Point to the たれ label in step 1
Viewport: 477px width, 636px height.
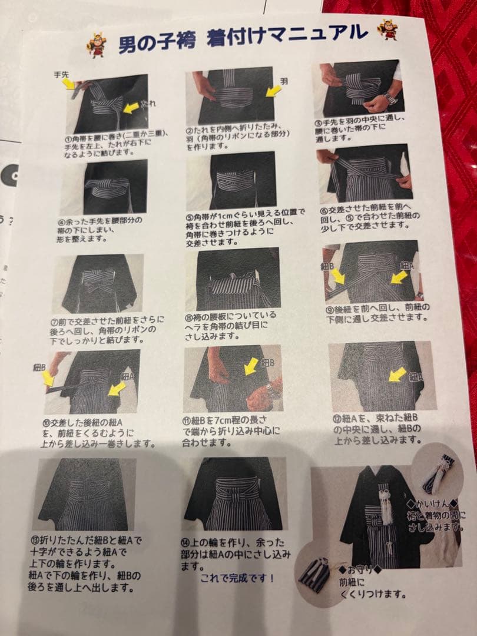149,104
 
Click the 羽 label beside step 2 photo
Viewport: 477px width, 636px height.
283,80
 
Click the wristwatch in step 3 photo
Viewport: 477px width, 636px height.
389,98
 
